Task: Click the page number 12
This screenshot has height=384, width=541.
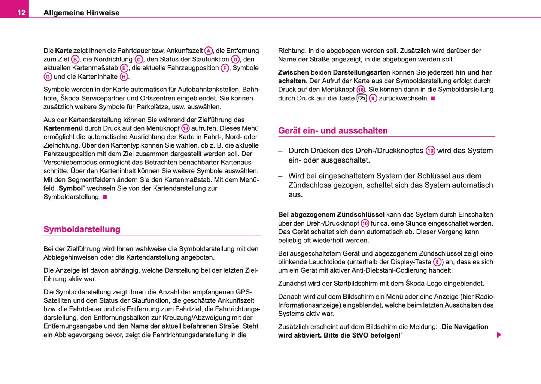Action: tap(21, 13)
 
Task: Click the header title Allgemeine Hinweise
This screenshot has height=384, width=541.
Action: tap(81, 13)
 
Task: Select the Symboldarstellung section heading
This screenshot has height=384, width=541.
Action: tap(82, 229)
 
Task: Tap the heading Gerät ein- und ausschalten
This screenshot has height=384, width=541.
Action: tap(333, 131)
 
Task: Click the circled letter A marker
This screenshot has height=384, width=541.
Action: tap(208, 51)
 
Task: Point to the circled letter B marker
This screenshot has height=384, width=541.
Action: tap(75, 60)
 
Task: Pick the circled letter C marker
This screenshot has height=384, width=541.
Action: tap(139, 60)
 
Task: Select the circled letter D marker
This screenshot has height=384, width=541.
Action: tap(235, 60)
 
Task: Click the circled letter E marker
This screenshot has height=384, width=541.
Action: tap(124, 68)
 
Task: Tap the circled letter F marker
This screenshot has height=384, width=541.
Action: tap(225, 68)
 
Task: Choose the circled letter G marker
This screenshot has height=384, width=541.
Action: tap(48, 77)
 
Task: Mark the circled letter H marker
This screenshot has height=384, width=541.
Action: tap(124, 77)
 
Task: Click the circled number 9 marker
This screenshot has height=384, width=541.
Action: tap(373, 99)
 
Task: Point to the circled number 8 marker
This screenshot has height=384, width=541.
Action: tap(437, 262)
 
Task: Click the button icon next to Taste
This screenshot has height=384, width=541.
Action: tap(361, 99)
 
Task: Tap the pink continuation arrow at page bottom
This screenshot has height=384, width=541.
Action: tap(499, 335)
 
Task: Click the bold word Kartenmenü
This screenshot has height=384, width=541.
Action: tap(63, 128)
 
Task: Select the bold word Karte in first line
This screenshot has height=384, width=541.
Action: tap(63, 51)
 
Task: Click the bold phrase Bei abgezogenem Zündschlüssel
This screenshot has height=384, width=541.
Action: tap(331, 215)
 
